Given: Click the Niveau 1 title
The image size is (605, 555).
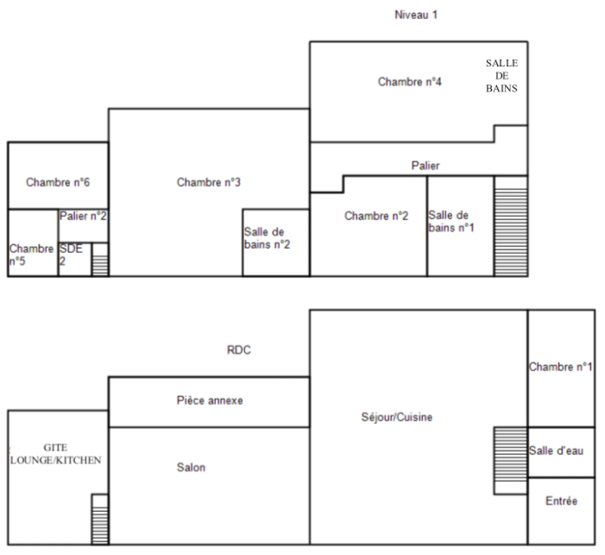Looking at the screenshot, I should click(x=415, y=15).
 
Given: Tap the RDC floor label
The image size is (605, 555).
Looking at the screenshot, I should click(x=239, y=350).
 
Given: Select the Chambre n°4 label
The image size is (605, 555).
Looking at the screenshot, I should click(x=410, y=82).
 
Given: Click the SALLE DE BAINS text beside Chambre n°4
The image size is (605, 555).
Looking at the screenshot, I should click(x=502, y=76).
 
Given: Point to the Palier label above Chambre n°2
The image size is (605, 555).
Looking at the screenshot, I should click(x=426, y=165).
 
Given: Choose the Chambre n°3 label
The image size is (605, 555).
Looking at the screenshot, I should click(x=208, y=182).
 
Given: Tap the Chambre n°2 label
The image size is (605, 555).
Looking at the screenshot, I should click(x=376, y=216).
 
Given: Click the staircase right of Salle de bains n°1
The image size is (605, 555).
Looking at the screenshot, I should click(x=510, y=226).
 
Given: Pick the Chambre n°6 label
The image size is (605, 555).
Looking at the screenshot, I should click(x=58, y=182).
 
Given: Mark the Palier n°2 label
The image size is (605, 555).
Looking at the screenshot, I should click(x=83, y=216).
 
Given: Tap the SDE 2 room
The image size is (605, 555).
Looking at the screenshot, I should click(x=75, y=258).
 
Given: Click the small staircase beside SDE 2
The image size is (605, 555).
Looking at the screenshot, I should click(x=100, y=260).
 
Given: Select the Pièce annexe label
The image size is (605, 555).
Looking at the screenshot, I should click(x=209, y=400).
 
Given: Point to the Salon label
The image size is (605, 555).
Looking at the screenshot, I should click(x=191, y=467).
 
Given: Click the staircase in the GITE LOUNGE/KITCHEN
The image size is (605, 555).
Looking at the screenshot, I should click(x=100, y=519).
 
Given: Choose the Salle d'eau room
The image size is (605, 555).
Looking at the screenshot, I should click(x=560, y=452).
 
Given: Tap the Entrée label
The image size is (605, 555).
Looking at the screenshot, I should click(x=561, y=501).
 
